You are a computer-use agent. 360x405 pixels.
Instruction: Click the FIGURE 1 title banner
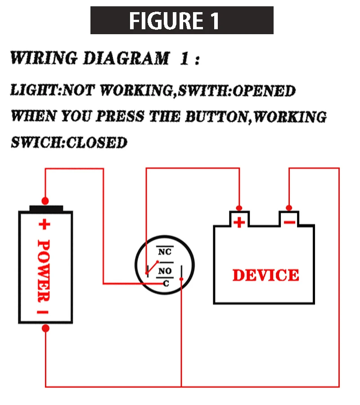click(182, 20)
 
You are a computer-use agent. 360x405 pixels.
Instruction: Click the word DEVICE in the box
click(265, 275)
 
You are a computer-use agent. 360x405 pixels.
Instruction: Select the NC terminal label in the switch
click(165, 252)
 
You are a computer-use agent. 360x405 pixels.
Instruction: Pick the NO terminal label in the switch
click(165, 271)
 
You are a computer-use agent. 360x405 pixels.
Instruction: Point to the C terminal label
click(166, 283)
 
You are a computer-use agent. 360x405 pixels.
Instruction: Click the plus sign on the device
click(240, 222)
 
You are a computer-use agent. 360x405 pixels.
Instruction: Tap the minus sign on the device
click(289, 222)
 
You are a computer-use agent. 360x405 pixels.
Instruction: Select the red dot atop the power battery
click(45, 200)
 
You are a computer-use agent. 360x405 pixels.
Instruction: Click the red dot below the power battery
click(45, 328)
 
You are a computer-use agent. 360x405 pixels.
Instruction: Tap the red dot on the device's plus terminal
click(240, 207)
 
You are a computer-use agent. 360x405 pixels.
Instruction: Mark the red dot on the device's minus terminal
click(289, 207)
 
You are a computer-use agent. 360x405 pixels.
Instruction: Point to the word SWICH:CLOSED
click(69, 143)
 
